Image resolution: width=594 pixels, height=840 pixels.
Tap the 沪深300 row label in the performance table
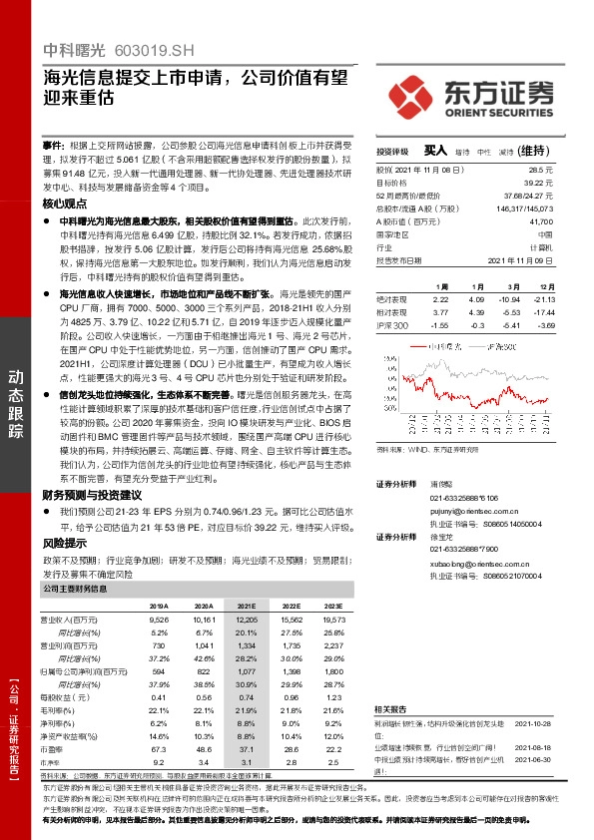tap(393, 325)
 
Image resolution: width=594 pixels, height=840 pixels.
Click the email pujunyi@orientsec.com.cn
tap(474, 510)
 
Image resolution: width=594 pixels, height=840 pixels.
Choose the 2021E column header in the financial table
tap(246, 606)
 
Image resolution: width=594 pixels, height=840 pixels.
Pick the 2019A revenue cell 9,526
tap(158, 620)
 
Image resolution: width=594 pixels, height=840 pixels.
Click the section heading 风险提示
tap(64, 544)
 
